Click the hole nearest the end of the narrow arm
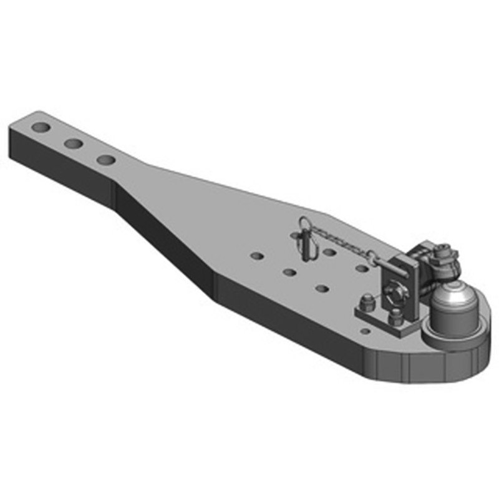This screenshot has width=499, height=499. (42, 127)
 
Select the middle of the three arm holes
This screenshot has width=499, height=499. (74, 143)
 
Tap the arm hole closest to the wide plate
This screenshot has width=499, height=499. (106, 160)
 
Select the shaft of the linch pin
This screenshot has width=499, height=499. (306, 247)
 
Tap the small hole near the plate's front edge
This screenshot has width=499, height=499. (366, 331)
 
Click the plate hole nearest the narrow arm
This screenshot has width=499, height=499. (256, 256)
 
